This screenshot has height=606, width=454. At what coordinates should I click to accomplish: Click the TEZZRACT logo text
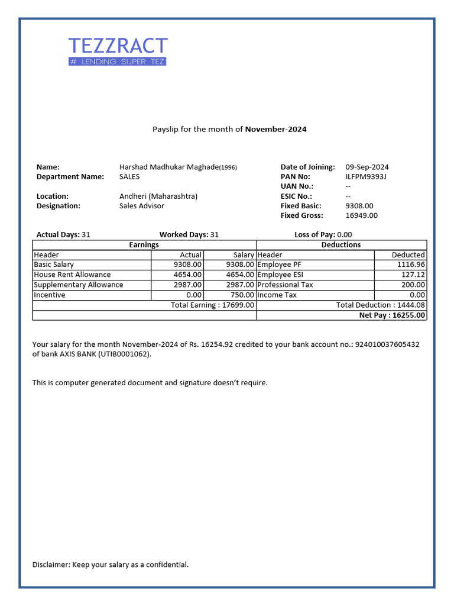tap(118, 46)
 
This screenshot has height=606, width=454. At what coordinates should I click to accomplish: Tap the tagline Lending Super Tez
tap(118, 62)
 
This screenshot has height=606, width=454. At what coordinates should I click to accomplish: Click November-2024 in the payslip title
tap(275, 129)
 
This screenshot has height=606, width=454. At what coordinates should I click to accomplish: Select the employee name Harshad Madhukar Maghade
tap(169, 167)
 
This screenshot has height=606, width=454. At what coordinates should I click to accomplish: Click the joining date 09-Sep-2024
tap(367, 167)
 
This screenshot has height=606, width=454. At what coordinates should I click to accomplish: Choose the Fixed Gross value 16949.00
tap(361, 215)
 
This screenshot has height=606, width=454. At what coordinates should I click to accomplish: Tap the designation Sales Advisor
tap(142, 206)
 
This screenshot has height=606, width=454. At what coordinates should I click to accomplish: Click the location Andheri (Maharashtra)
tap(158, 196)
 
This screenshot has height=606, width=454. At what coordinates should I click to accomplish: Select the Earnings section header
tap(144, 244)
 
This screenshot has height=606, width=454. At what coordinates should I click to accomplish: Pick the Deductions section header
tap(341, 244)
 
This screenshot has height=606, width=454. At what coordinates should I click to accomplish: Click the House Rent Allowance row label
tap(72, 275)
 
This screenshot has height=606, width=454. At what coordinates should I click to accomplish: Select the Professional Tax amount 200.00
tap(413, 285)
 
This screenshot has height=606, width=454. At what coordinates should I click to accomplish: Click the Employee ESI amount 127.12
tap(413, 275)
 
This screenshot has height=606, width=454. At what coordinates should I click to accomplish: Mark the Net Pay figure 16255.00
tap(392, 315)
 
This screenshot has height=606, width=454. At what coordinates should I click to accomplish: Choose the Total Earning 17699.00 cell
tap(213, 305)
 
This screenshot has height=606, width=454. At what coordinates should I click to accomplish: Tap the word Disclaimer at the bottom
tap(51, 565)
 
